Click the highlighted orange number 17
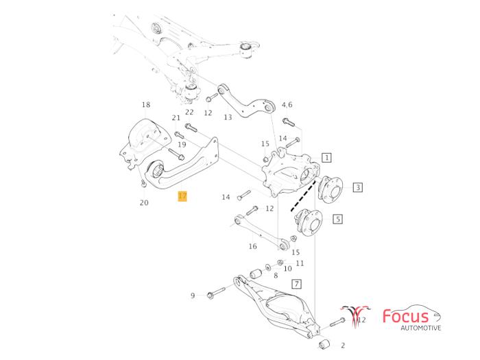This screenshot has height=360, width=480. pyautogui.click(x=182, y=197)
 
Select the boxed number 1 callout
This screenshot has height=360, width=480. pyautogui.click(x=327, y=158)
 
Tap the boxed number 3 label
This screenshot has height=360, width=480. pyautogui.click(x=358, y=187)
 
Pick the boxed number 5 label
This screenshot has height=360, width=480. pyautogui.click(x=337, y=219)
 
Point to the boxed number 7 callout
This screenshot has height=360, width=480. pyautogui.click(x=296, y=283)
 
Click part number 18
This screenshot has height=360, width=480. pyautogui.click(x=145, y=105)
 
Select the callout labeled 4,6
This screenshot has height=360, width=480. pyautogui.click(x=287, y=105)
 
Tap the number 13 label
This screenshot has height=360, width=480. pyautogui.click(x=228, y=117)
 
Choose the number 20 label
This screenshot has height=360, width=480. pyautogui.click(x=144, y=202)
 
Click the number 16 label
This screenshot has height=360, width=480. pyautogui.click(x=253, y=246)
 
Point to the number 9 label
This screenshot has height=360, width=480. pyautogui.click(x=193, y=296)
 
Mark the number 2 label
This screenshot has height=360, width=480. pyautogui.click(x=343, y=346)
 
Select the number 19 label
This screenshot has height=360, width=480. pyautogui.click(x=182, y=145)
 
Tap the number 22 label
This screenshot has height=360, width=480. pyautogui.click(x=189, y=112)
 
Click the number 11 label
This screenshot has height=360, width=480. pyautogui.click(x=300, y=263)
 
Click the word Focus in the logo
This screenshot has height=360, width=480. pyautogui.click(x=406, y=317)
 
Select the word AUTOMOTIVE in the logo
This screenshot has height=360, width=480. pyautogui.click(x=421, y=328)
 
